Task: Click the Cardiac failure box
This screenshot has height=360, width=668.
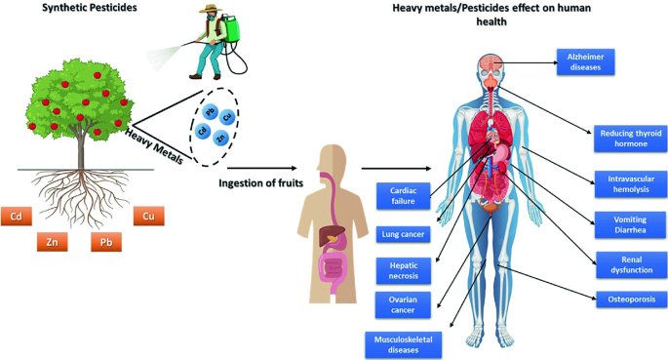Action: point(403,196)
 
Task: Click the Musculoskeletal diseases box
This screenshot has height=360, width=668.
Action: point(403,341)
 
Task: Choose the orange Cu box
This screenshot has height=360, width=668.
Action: point(148,216)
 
